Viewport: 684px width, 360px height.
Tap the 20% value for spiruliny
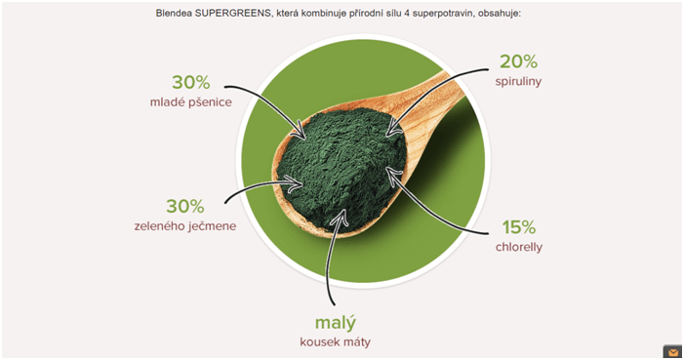pyautogui.click(x=519, y=61)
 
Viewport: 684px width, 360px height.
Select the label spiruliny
pyautogui.click(x=519, y=81)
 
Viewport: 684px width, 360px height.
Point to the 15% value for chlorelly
pyautogui.click(x=519, y=227)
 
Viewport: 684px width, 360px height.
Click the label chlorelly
pyautogui.click(x=518, y=247)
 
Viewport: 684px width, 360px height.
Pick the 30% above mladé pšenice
pyautogui.click(x=190, y=82)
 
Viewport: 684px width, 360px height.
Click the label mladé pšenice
pyautogui.click(x=190, y=101)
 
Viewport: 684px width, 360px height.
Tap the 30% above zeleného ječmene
pyautogui.click(x=184, y=206)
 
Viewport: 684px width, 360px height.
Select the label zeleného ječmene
pyautogui.click(x=184, y=226)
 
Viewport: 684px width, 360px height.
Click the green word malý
pyautogui.click(x=335, y=322)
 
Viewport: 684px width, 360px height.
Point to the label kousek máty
pyautogui.click(x=335, y=342)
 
